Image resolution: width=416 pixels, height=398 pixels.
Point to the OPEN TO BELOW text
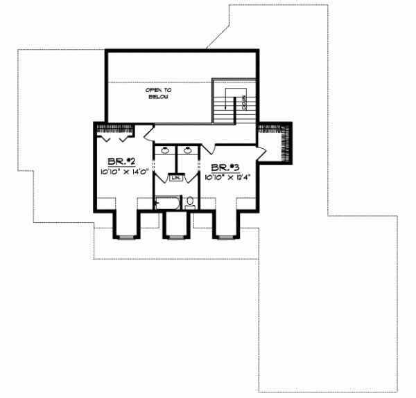[159, 93]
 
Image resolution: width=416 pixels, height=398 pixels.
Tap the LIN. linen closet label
[177, 177]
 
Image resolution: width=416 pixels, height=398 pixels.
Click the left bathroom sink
[166, 150]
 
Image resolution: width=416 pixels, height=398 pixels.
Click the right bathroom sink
[187, 150]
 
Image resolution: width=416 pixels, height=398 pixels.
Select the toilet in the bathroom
[190, 203]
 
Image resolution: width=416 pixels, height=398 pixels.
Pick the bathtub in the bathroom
[166, 203]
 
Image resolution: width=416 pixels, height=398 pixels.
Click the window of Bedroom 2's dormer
[125, 237]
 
